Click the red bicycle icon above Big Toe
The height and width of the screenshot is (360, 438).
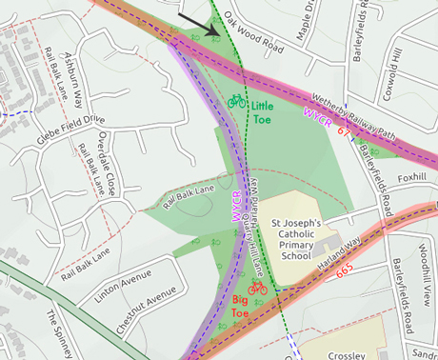256,286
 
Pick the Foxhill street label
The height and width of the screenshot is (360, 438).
411,177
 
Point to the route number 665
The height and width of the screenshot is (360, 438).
344,270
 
